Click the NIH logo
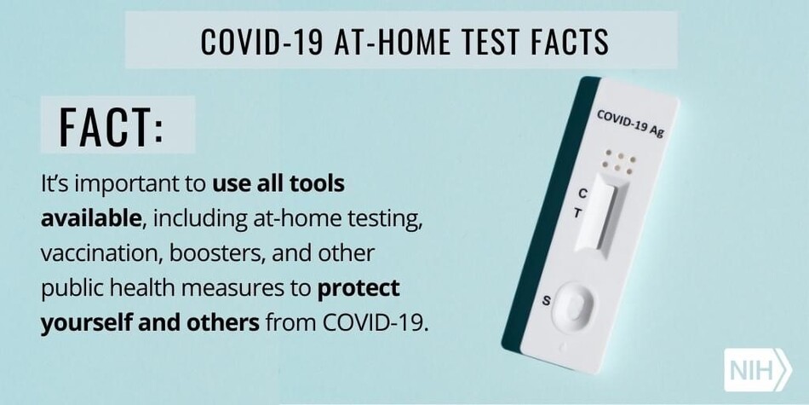[x=757, y=370]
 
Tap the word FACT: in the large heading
[x=112, y=127]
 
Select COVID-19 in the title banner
[x=261, y=42]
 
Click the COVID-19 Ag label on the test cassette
[x=630, y=124]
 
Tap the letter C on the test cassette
[x=582, y=194]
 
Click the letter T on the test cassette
[x=578, y=213]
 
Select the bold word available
[x=91, y=218]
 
